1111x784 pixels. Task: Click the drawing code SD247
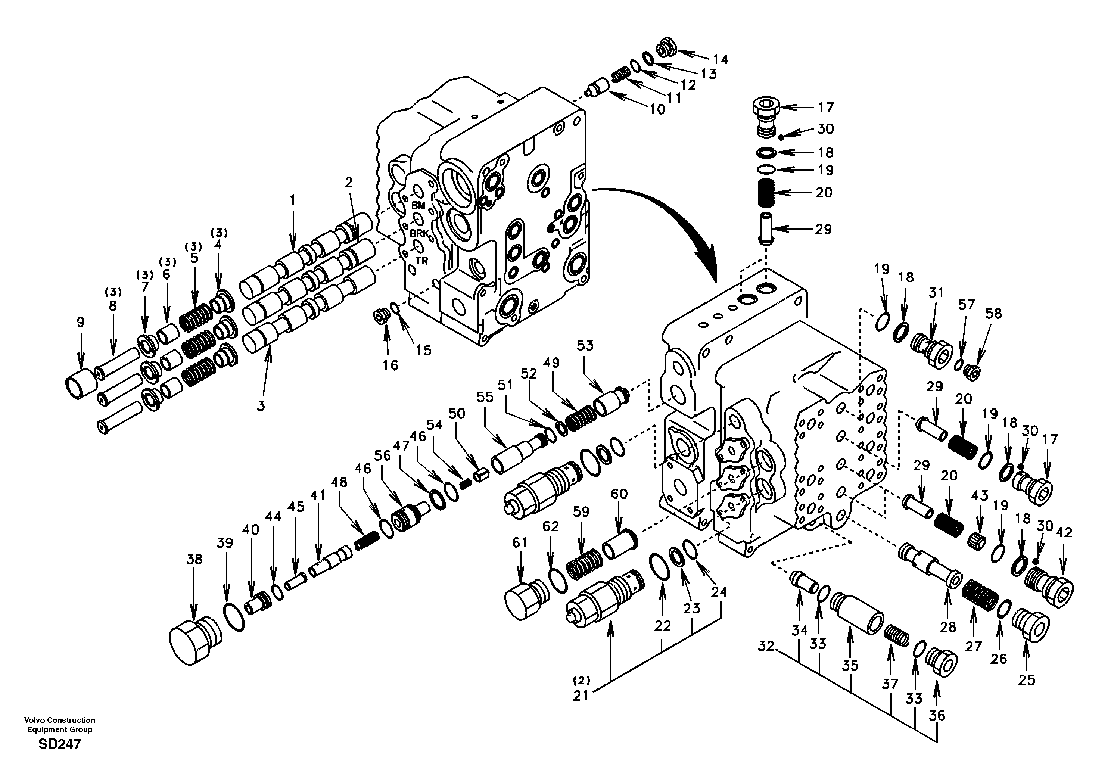coord(59,744)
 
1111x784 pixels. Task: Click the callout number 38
coord(194,560)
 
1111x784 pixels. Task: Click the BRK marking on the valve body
coord(419,233)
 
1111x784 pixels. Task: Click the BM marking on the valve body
coord(418,205)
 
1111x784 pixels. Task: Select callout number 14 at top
coord(720,59)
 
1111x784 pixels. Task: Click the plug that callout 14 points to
coord(666,49)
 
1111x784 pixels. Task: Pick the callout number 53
coord(585,346)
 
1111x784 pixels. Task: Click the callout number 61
coord(519,543)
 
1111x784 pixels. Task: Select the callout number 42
coord(1065,532)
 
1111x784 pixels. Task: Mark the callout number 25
coord(1026,680)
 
